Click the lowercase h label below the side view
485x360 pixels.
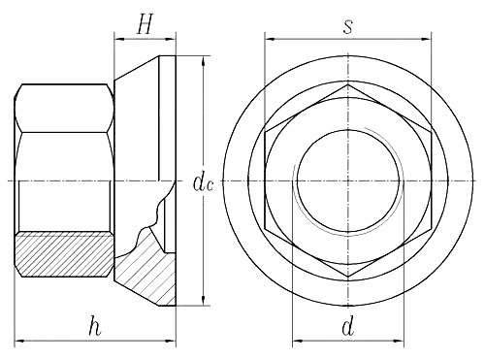pyautogui.click(x=94, y=327)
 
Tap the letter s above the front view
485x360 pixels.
pyautogui.click(x=347, y=26)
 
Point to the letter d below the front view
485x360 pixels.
pyautogui.click(x=347, y=328)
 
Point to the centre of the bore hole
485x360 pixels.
pyautogui.click(x=347, y=180)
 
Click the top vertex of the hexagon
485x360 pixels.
pyautogui.click(x=347, y=84)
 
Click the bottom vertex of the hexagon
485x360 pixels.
pyautogui.click(x=347, y=278)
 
